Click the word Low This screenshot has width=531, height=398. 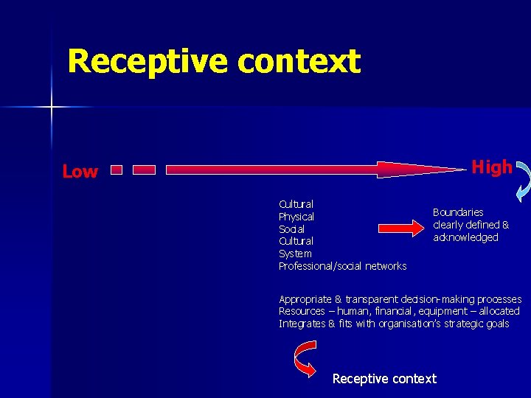[x=80, y=172]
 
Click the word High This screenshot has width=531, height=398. [x=492, y=167]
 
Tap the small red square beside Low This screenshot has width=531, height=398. [x=115, y=170]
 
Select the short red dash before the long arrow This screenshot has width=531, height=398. [x=144, y=170]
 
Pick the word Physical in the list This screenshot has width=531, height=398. [x=296, y=217]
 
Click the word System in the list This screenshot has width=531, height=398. [x=295, y=254]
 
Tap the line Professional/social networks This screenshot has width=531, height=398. [x=342, y=266]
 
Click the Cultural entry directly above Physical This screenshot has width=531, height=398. [x=296, y=204]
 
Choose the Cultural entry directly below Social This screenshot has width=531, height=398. [x=296, y=241]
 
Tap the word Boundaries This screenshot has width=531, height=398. [x=458, y=212]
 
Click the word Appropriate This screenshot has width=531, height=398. [x=305, y=299]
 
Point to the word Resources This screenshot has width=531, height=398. [x=301, y=311]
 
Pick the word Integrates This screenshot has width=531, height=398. [x=301, y=324]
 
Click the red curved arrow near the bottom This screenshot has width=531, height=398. [x=303, y=360]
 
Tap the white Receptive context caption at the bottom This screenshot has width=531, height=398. [x=384, y=379]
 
